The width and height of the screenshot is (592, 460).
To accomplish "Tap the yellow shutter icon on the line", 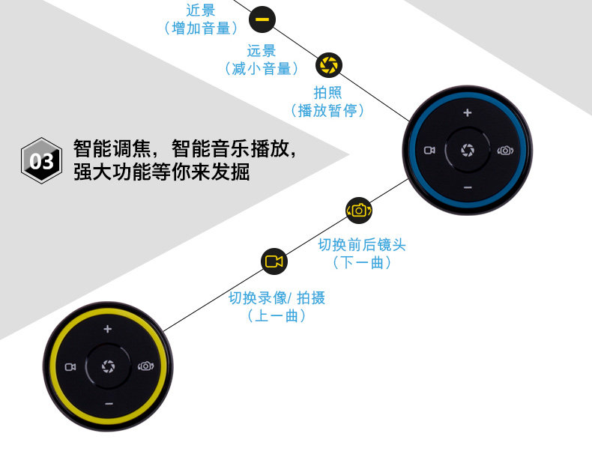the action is (x=328, y=64).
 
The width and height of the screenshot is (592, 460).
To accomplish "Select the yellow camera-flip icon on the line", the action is (x=359, y=211).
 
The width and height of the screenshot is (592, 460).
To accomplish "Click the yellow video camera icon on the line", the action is (x=274, y=261).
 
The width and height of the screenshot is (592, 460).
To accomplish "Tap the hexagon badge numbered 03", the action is (x=41, y=160).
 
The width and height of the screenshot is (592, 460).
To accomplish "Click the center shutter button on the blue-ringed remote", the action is (x=468, y=150).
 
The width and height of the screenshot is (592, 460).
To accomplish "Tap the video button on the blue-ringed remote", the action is (x=429, y=150).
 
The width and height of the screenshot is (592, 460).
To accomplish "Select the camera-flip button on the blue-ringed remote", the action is (x=506, y=150).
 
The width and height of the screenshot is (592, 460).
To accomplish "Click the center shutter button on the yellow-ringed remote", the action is (x=108, y=366).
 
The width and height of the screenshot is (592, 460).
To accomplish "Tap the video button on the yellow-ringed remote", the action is (x=70, y=366).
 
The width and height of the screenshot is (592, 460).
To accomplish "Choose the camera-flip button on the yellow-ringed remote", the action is (x=146, y=366).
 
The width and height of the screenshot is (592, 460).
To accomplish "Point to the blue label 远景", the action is (x=262, y=51).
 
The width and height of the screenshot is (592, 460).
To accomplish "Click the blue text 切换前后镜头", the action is (x=362, y=245).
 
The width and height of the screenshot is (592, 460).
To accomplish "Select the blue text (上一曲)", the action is (x=277, y=317).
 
